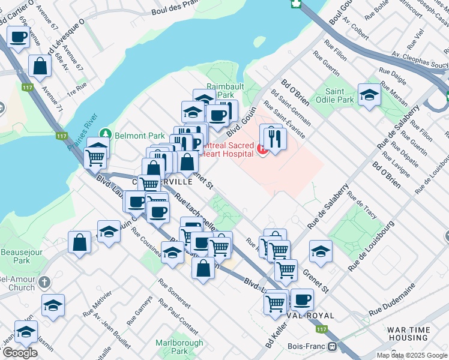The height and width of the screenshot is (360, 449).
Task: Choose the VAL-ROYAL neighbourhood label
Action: pos(313,315)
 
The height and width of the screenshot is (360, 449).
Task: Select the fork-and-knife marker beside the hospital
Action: pos(275,138)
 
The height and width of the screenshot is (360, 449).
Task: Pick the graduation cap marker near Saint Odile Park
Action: pos(369,95)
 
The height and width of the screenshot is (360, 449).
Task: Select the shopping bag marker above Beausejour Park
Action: pos(80,243)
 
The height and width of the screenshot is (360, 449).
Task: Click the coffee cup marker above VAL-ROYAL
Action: pos(301,299)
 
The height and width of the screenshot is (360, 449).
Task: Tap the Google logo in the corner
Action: pos(20,353)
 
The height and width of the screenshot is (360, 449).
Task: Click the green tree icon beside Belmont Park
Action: pos(106,133)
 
